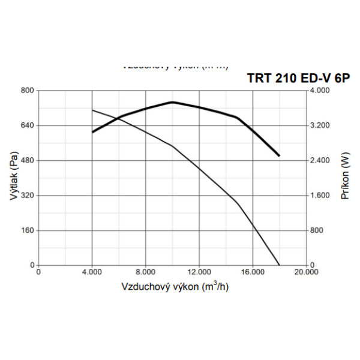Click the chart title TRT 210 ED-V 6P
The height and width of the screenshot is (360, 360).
pos(296,79)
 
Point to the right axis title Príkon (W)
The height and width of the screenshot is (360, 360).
pos(345,178)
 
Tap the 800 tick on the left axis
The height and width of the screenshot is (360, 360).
pos(28,91)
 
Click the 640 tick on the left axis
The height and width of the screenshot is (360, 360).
pos(28,125)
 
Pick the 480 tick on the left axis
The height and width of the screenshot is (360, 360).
pos(28,160)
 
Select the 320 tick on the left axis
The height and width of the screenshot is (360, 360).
pos(28,196)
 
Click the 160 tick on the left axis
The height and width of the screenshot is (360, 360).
pos(28,230)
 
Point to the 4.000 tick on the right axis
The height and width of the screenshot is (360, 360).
pos(320,91)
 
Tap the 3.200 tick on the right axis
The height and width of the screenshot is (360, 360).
pos(320,125)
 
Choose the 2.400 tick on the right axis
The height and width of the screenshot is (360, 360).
pos(320,160)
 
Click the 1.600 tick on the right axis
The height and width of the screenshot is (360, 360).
pos(320,196)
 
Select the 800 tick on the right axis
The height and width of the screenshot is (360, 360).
pos(316,230)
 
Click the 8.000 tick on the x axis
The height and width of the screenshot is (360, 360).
pos(146,272)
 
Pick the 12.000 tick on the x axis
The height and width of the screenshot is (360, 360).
pos(199,272)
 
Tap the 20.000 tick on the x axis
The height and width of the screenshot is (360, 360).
pos(306,272)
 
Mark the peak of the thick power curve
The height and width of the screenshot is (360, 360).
pos(173,102)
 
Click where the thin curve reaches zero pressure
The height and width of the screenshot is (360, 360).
pos(280,265)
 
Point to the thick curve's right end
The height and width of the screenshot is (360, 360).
pos(280,156)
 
